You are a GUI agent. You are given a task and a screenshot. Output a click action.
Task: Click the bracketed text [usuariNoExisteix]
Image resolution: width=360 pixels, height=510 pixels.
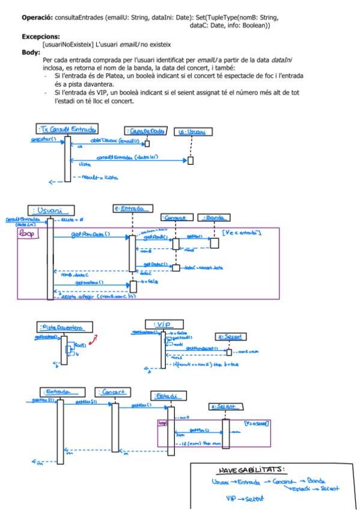[x=68, y=45]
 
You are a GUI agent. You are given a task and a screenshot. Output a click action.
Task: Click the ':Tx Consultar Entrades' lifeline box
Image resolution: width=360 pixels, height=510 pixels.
[x=67, y=130]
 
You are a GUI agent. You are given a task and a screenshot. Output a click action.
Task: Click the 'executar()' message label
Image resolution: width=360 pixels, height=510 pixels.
[x=42, y=140]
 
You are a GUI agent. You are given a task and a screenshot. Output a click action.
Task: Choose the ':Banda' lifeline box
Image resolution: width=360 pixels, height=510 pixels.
[x=210, y=217]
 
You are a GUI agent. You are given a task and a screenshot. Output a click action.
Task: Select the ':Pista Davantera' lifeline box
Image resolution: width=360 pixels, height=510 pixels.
[x=66, y=327]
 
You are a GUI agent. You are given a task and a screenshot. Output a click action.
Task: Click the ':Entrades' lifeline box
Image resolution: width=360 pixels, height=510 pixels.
[x=59, y=391]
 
